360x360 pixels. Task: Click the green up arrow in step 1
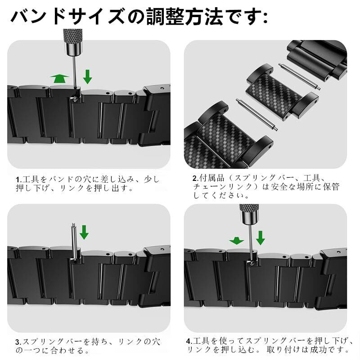pos(60,78)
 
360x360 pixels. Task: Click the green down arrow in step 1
pos(87,77)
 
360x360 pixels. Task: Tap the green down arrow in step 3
pos(84,232)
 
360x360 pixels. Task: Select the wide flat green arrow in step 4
pos(237,241)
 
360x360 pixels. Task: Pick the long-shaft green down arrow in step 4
pos(261,238)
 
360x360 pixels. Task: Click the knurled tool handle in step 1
pos(72,42)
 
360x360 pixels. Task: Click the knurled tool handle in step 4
pos(249,215)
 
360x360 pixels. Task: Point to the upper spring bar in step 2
pos(299,76)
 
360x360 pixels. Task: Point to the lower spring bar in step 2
pos(257,115)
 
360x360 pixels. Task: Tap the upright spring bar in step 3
pos(74,242)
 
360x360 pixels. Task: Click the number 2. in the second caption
pos(195,178)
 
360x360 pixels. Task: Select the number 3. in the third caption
pos(18,342)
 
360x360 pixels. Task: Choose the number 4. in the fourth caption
pos(189,341)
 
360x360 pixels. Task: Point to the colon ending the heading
pos(265,18)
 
